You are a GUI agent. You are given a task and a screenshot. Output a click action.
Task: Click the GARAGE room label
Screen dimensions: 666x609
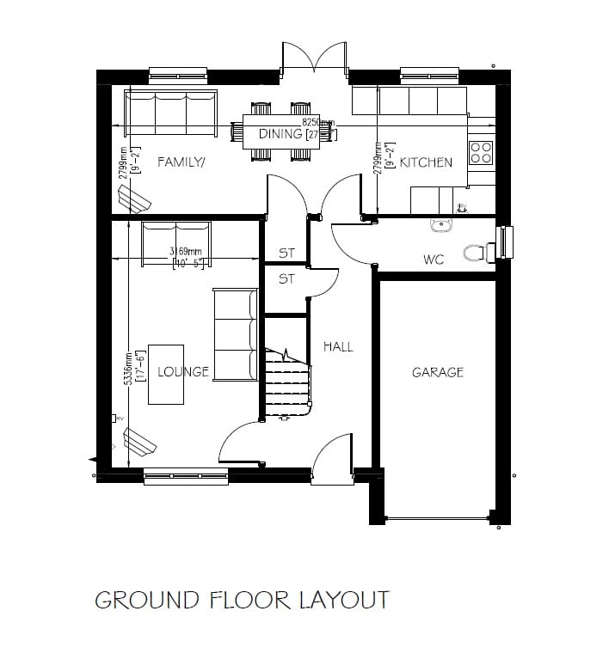pyautogui.click(x=437, y=372)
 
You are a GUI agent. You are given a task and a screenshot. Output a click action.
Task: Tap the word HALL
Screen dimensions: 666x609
pyautogui.click(x=338, y=346)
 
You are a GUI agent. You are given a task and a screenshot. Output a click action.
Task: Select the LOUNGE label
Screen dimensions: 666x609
pyautogui.click(x=183, y=372)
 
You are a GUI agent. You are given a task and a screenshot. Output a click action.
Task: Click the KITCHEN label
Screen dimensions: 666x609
pyautogui.click(x=426, y=162)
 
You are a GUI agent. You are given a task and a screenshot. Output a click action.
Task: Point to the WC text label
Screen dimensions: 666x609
pyautogui.click(x=433, y=259)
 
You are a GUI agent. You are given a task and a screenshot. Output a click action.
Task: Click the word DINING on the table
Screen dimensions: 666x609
pyautogui.click(x=280, y=134)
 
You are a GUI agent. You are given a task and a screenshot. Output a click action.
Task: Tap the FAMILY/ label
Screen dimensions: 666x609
pyautogui.click(x=181, y=162)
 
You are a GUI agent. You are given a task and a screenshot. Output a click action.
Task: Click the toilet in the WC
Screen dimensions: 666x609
pyautogui.click(x=477, y=253)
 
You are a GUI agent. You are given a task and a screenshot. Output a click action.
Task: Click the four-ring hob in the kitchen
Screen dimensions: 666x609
pyautogui.click(x=481, y=153)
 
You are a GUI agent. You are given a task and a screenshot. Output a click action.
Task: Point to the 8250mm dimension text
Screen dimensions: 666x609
pyautogui.click(x=318, y=123)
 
